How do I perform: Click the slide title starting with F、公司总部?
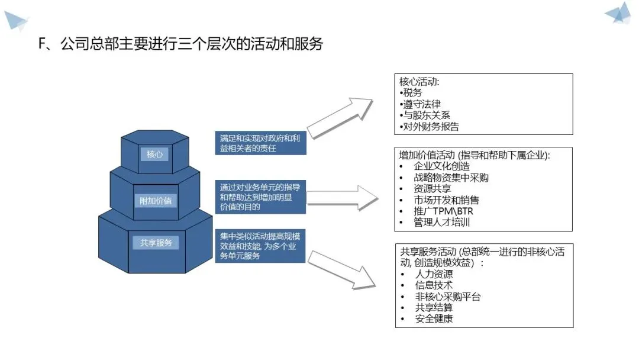coord(180,44)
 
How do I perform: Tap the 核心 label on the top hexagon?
coord(154,155)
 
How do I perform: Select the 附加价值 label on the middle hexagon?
coord(155,200)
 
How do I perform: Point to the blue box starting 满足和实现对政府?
coord(260,143)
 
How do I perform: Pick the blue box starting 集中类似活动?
coord(260,246)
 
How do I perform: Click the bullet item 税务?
coord(412,93)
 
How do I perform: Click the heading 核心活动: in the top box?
coord(419,82)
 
